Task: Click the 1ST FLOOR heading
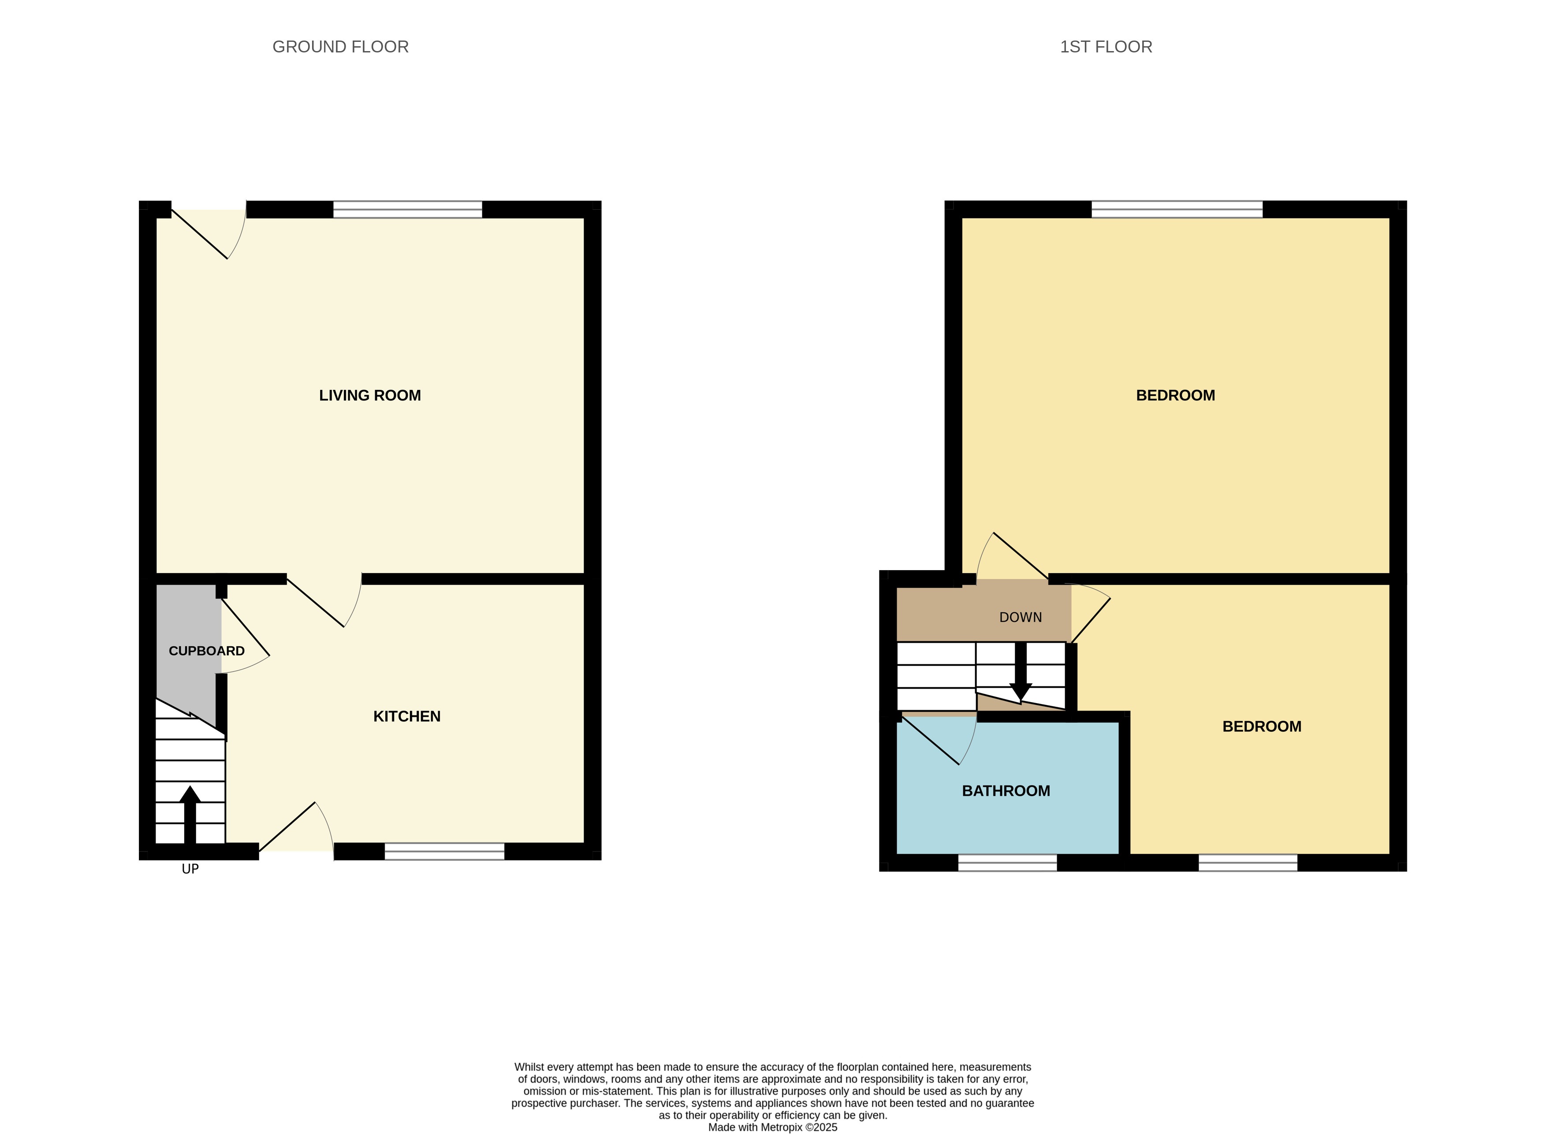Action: point(1105,47)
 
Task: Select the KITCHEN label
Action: point(406,716)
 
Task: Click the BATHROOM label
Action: point(1006,791)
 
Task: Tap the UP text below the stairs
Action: point(190,869)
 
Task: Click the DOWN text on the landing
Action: point(1020,617)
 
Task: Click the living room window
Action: point(407,209)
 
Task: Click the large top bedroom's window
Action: point(1177,209)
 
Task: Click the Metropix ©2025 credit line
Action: point(773,1127)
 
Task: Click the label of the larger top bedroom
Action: point(1175,395)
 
